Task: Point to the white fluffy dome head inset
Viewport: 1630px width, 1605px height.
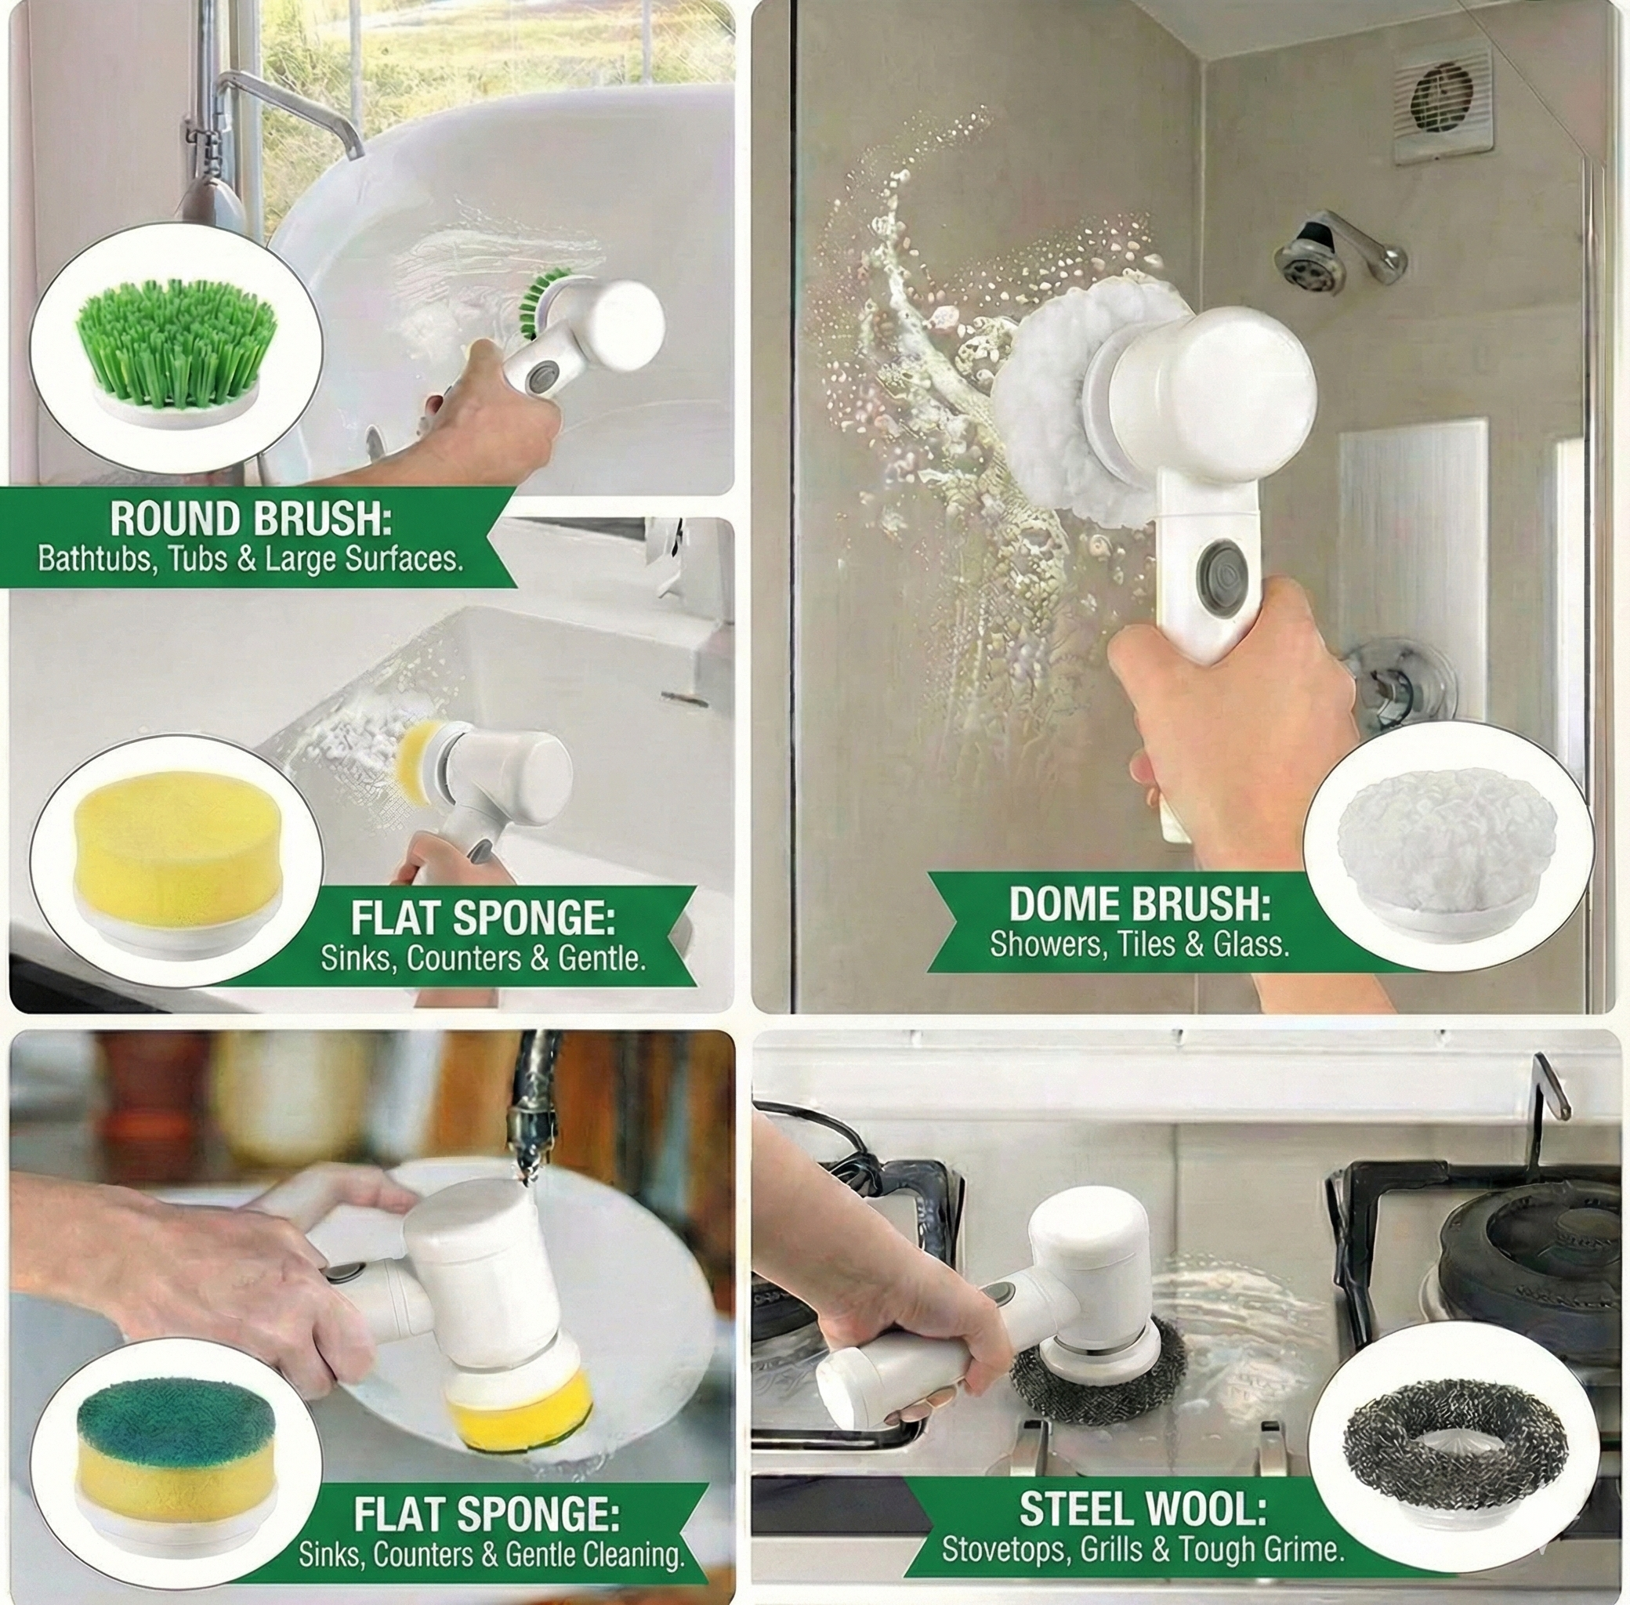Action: (x=1447, y=846)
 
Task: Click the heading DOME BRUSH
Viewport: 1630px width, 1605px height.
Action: (x=1139, y=904)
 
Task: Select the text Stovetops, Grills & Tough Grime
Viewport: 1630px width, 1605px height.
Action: (x=1142, y=1525)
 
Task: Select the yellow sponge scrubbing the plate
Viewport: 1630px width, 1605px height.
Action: (x=517, y=1404)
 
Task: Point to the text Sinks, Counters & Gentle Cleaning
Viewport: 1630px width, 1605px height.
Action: (x=491, y=1531)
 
